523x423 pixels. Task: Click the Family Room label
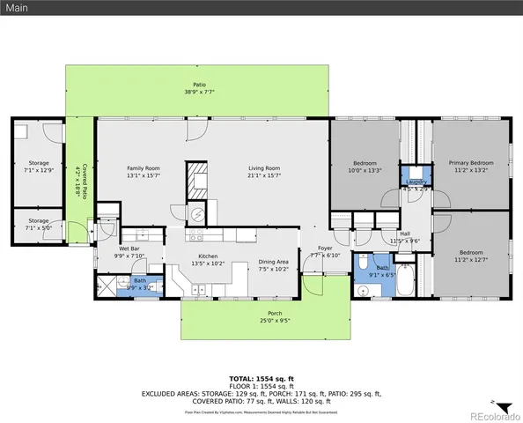[143, 167]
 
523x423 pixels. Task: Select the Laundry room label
[416, 182]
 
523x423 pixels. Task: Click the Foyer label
[325, 249]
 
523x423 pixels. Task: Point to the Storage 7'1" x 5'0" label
[38, 221]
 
